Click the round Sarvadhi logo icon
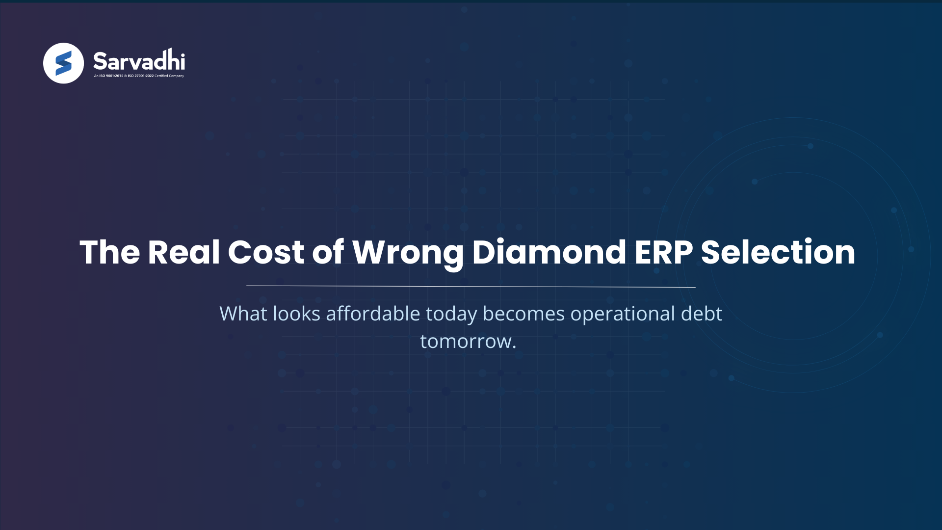[63, 63]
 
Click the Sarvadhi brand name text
[139, 61]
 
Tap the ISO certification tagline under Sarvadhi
[139, 76]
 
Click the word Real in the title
[183, 252]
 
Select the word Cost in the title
[266, 252]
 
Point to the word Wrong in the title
[408, 253]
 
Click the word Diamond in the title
[549, 252]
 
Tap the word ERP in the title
[663, 252]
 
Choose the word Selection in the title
[778, 252]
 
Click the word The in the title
[110, 252]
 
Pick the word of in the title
[328, 252]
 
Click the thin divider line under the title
[471, 286]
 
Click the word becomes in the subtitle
[523, 314]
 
